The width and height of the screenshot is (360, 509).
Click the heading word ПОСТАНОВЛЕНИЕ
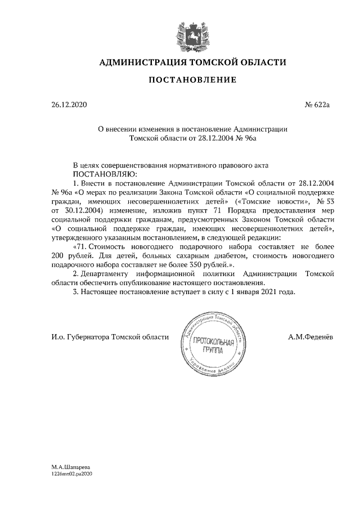(x=192, y=80)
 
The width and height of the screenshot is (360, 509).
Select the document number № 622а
(x=317, y=105)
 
